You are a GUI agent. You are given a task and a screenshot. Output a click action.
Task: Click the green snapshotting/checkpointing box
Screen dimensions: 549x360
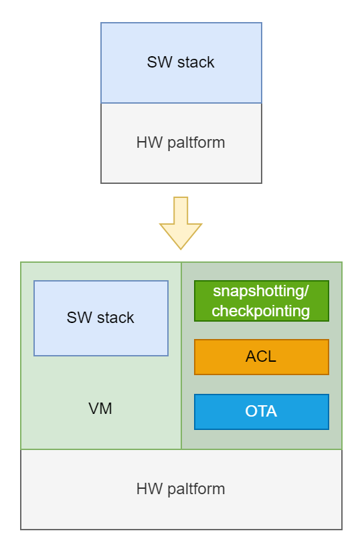click(261, 301)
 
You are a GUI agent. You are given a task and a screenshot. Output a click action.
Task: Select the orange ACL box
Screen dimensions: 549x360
click(261, 357)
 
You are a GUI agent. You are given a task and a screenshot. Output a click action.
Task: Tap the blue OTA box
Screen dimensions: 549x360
click(261, 412)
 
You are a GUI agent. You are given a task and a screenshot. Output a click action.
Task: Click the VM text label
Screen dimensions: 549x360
click(100, 409)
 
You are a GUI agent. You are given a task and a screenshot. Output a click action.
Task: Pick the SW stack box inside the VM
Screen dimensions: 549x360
click(100, 318)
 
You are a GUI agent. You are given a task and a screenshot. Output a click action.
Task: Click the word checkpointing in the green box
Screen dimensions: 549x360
click(261, 311)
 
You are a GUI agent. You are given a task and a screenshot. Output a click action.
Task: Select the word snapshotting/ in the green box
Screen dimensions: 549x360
click(261, 292)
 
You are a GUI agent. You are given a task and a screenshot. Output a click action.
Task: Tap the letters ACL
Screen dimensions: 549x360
click(261, 357)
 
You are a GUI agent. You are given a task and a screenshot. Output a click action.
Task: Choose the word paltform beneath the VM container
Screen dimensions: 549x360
click(196, 489)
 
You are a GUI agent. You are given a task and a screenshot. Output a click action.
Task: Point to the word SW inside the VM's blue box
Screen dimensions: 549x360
click(78, 318)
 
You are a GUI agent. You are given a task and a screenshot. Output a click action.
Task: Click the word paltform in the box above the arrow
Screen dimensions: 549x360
click(196, 142)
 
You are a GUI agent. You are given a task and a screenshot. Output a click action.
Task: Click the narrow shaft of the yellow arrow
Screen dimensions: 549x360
click(181, 209)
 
